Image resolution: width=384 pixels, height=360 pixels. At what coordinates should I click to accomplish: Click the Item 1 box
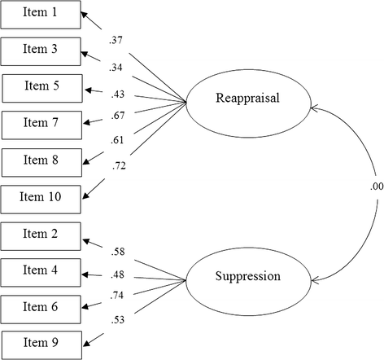coord(41,14)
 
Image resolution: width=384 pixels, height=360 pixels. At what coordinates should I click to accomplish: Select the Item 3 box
coord(41,50)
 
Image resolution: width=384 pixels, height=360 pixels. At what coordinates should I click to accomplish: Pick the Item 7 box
coord(41,124)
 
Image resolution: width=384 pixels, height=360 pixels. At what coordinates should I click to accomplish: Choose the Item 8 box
coord(41,160)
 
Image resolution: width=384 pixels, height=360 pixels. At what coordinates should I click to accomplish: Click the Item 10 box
coord(41,197)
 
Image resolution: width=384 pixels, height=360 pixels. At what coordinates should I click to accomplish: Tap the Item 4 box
coord(41,269)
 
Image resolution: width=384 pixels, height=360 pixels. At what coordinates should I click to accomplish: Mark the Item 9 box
coord(41,340)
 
